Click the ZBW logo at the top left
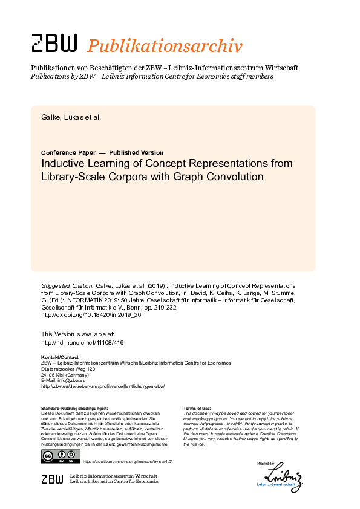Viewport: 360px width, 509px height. (54, 44)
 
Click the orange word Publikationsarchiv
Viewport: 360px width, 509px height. (165, 45)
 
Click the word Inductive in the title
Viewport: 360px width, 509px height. (64, 163)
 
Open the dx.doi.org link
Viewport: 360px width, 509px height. (90, 315)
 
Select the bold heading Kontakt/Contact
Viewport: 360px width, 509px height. (59, 357)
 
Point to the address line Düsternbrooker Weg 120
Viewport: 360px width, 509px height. (68, 368)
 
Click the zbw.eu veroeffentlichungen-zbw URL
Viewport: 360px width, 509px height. (102, 386)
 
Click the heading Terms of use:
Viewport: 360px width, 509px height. (197, 408)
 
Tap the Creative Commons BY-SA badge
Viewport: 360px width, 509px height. (61, 456)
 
